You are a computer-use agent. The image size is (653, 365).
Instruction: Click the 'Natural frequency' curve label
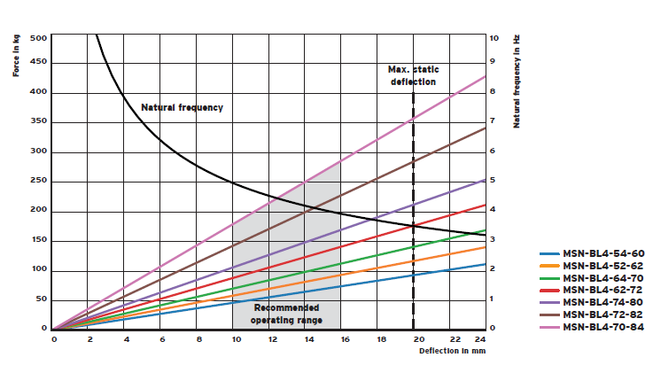pyautogui.click(x=183, y=107)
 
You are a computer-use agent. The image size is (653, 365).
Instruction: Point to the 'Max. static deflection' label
pyautogui.click(x=413, y=75)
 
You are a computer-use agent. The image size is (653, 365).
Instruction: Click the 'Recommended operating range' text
pyautogui.click(x=286, y=314)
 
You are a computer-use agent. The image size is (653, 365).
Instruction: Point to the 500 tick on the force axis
pyautogui.click(x=39, y=38)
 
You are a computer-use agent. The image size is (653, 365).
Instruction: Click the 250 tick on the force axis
pyautogui.click(x=39, y=182)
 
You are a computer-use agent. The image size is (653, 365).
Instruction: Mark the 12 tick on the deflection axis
pyautogui.click(x=272, y=338)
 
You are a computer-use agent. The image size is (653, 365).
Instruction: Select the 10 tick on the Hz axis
pyautogui.click(x=494, y=38)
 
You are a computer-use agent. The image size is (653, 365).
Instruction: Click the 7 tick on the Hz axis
pyautogui.click(x=494, y=122)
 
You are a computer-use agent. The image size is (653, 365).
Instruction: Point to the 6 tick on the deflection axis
pyautogui.click(x=163, y=338)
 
